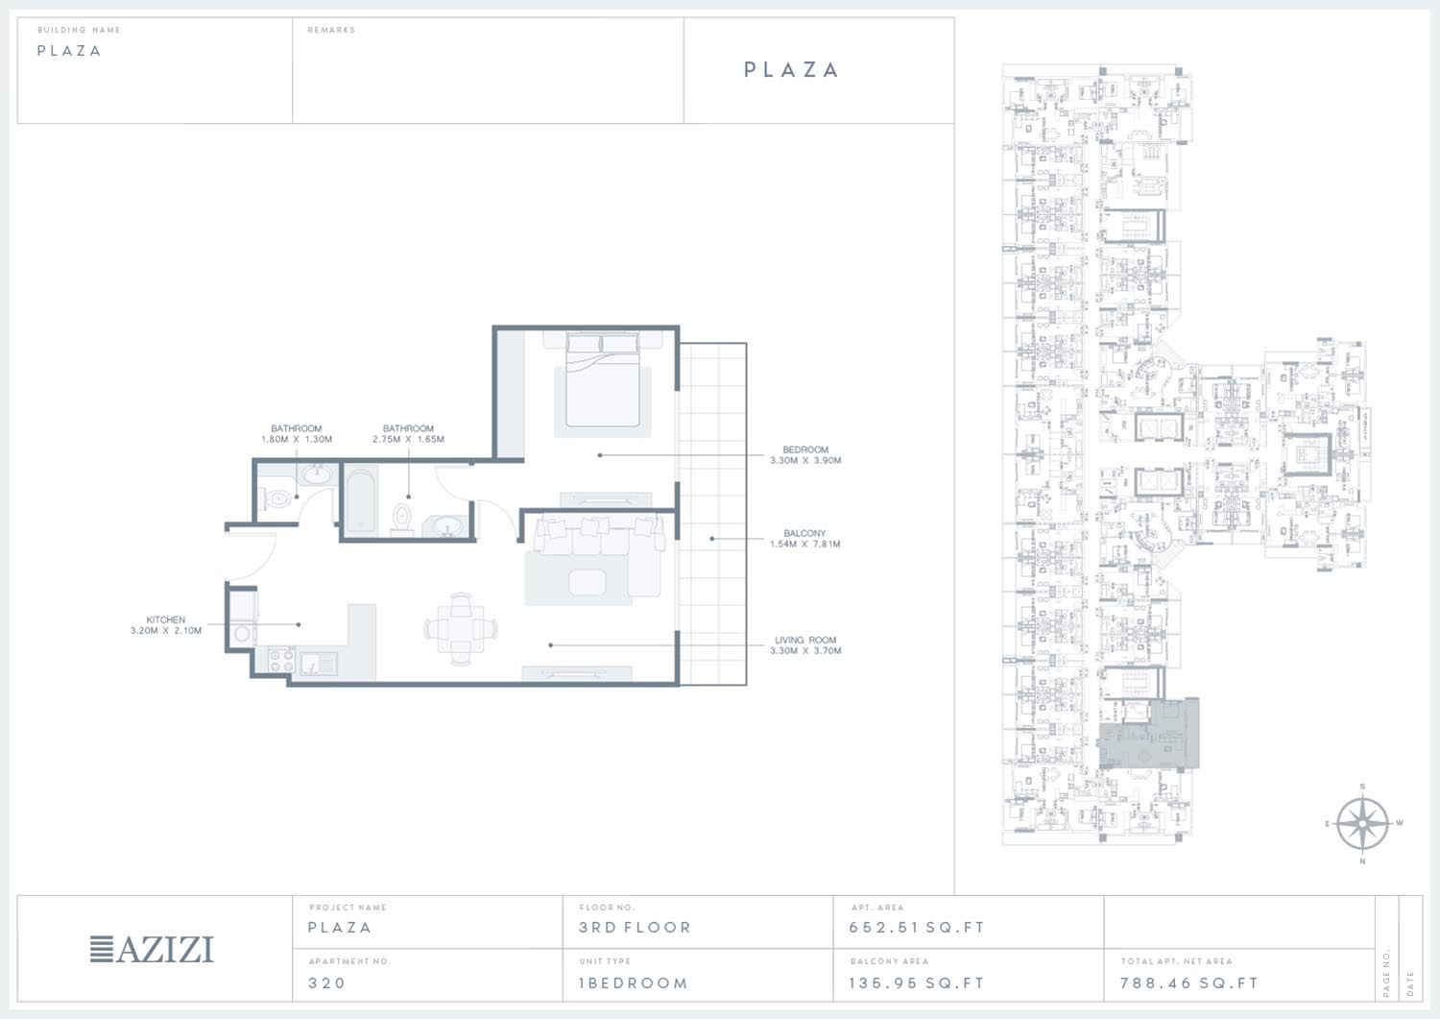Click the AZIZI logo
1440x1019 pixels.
pyautogui.click(x=152, y=949)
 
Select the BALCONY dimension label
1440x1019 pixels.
pyautogui.click(x=804, y=539)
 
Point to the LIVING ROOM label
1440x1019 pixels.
pyautogui.click(x=805, y=645)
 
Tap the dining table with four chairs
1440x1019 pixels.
pyautogui.click(x=460, y=628)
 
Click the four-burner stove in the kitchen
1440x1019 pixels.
pyautogui.click(x=281, y=661)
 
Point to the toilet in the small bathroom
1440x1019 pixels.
pyautogui.click(x=277, y=498)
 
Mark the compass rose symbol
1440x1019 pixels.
pyautogui.click(x=1362, y=823)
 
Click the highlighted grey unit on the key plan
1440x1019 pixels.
pyautogui.click(x=1148, y=734)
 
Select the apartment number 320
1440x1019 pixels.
pyautogui.click(x=326, y=983)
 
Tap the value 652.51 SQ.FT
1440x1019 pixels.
pyautogui.click(x=917, y=927)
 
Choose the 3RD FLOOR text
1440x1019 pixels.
pyautogui.click(x=635, y=927)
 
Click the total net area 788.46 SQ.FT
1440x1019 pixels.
pyautogui.click(x=1189, y=983)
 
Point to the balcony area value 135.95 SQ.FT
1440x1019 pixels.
pyautogui.click(x=917, y=983)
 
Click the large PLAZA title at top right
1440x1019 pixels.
pyautogui.click(x=791, y=69)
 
